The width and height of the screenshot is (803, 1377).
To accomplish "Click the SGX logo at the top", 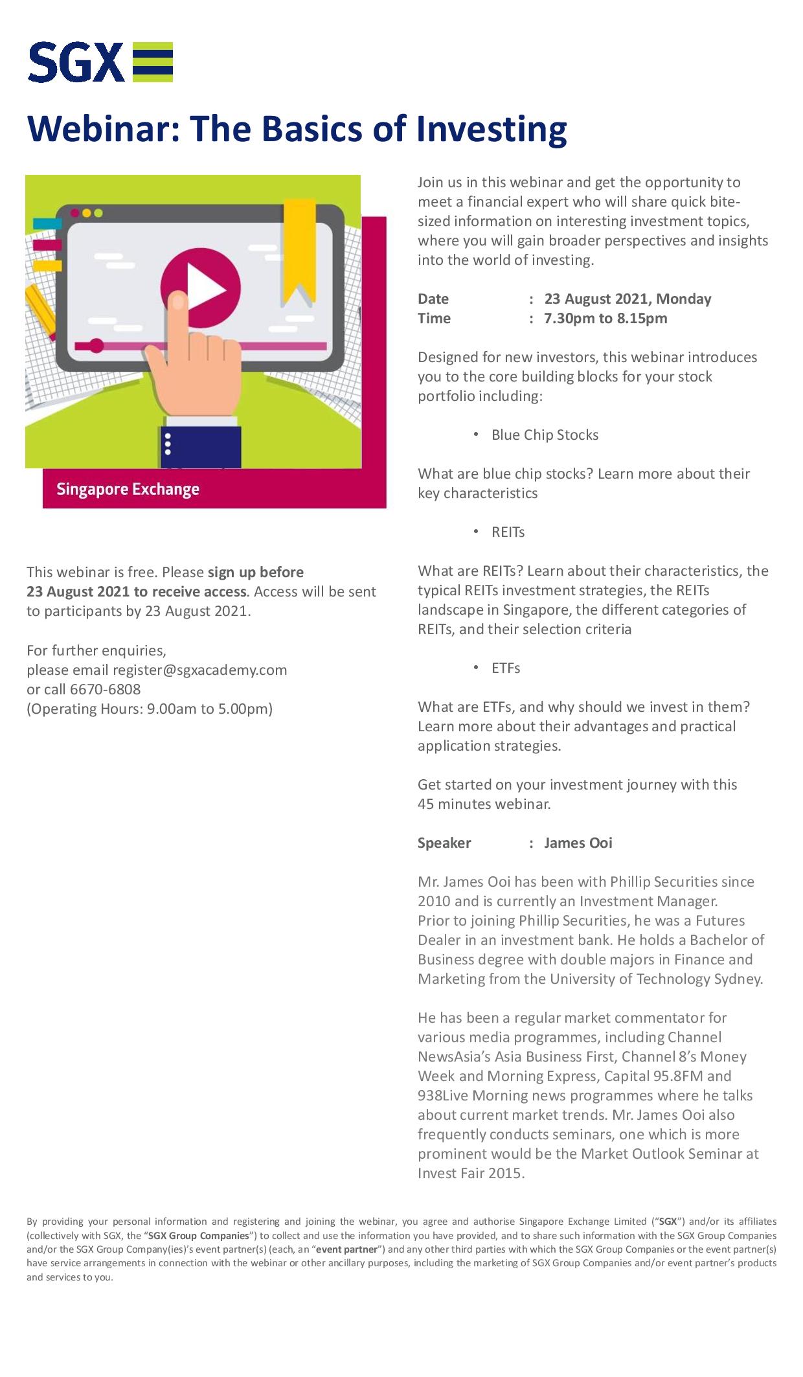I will coord(100,62).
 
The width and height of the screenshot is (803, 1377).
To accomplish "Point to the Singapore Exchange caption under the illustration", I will coord(128,489).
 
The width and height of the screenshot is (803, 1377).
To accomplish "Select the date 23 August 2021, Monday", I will coord(627,299).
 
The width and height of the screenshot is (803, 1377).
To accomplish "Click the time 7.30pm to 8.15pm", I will coord(605,318).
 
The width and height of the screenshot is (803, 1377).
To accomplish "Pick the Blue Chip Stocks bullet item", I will coord(544,435).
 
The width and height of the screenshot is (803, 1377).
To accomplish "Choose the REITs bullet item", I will coord(508,532).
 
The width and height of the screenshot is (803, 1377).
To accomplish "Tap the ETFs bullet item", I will coord(505,668).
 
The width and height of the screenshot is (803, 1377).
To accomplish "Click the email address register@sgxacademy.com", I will coord(199,670).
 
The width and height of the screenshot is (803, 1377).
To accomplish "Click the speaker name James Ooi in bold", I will coord(578,843).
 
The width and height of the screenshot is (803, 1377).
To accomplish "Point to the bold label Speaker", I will coord(444,843).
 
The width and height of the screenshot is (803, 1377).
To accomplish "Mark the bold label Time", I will coord(434,318).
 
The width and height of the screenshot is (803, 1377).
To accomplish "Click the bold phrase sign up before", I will coord(255,572).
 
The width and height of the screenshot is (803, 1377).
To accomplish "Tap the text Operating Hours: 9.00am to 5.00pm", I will coord(149,709).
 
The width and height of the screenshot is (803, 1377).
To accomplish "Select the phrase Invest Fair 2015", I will coord(469,1173).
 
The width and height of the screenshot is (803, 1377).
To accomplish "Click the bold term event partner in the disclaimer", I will coord(347,1249).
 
